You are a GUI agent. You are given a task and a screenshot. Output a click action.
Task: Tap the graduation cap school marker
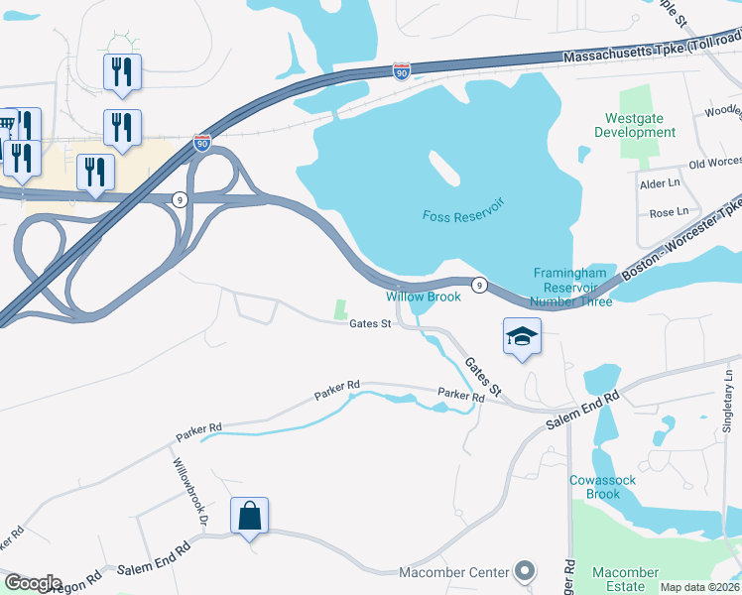click(522, 337)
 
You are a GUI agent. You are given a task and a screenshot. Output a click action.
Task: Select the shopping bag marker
click(249, 517)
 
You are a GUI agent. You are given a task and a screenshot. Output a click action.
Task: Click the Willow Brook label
click(424, 297)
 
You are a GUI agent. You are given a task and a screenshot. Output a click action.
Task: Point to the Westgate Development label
click(641, 125)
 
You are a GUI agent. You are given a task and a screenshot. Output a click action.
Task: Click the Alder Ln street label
click(660, 183)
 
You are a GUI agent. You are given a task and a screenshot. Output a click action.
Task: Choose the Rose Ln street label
click(668, 212)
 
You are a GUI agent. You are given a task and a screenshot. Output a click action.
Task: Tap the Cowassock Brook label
click(595, 487)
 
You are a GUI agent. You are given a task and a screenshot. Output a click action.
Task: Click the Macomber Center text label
click(453, 572)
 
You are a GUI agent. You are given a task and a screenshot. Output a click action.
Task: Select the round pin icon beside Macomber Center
click(525, 571)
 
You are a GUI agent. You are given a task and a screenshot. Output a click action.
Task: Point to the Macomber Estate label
click(625, 579)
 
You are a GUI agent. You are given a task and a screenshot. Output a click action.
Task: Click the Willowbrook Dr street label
click(188, 493)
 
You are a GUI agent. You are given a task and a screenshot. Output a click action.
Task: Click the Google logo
click(33, 582)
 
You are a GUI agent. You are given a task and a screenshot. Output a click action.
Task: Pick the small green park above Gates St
click(342, 308)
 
